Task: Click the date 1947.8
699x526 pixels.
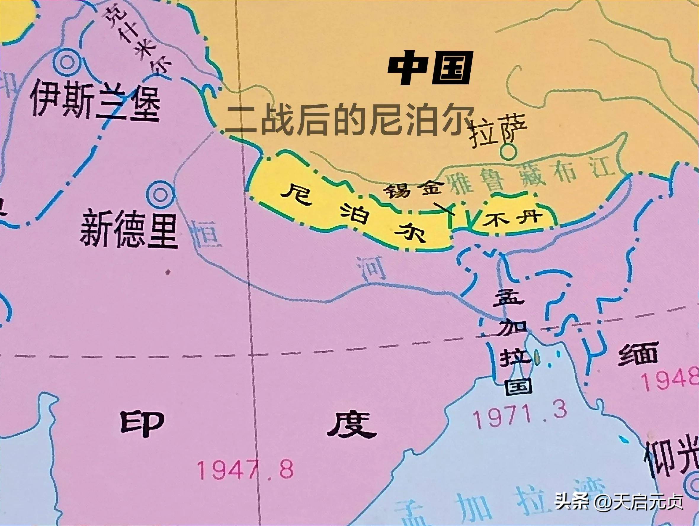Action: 245,469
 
